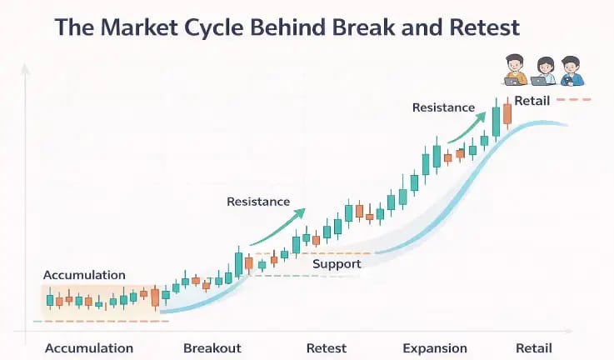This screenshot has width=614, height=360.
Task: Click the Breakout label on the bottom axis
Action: pyautogui.click(x=212, y=347)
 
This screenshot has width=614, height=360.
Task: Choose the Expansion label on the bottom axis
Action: pyautogui.click(x=435, y=347)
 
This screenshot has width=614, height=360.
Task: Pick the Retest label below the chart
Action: pyautogui.click(x=327, y=347)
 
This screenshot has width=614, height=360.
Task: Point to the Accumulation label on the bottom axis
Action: pyautogui.click(x=89, y=347)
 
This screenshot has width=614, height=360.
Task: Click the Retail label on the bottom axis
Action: pyautogui.click(x=533, y=347)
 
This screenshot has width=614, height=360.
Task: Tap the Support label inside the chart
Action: pyautogui.click(x=337, y=264)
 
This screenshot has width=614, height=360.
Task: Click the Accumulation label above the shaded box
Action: pyautogui.click(x=84, y=275)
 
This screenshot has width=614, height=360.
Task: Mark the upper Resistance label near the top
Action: pyautogui.click(x=443, y=107)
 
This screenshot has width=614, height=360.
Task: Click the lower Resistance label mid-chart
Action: pyautogui.click(x=258, y=202)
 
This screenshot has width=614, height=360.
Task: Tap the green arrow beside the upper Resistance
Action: pyautogui.click(x=467, y=127)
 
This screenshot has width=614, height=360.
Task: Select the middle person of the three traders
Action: pyautogui.click(x=544, y=71)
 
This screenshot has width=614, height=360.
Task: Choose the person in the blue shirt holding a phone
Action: pyautogui.click(x=571, y=71)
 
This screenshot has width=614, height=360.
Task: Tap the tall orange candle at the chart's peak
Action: pyautogui.click(x=507, y=113)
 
